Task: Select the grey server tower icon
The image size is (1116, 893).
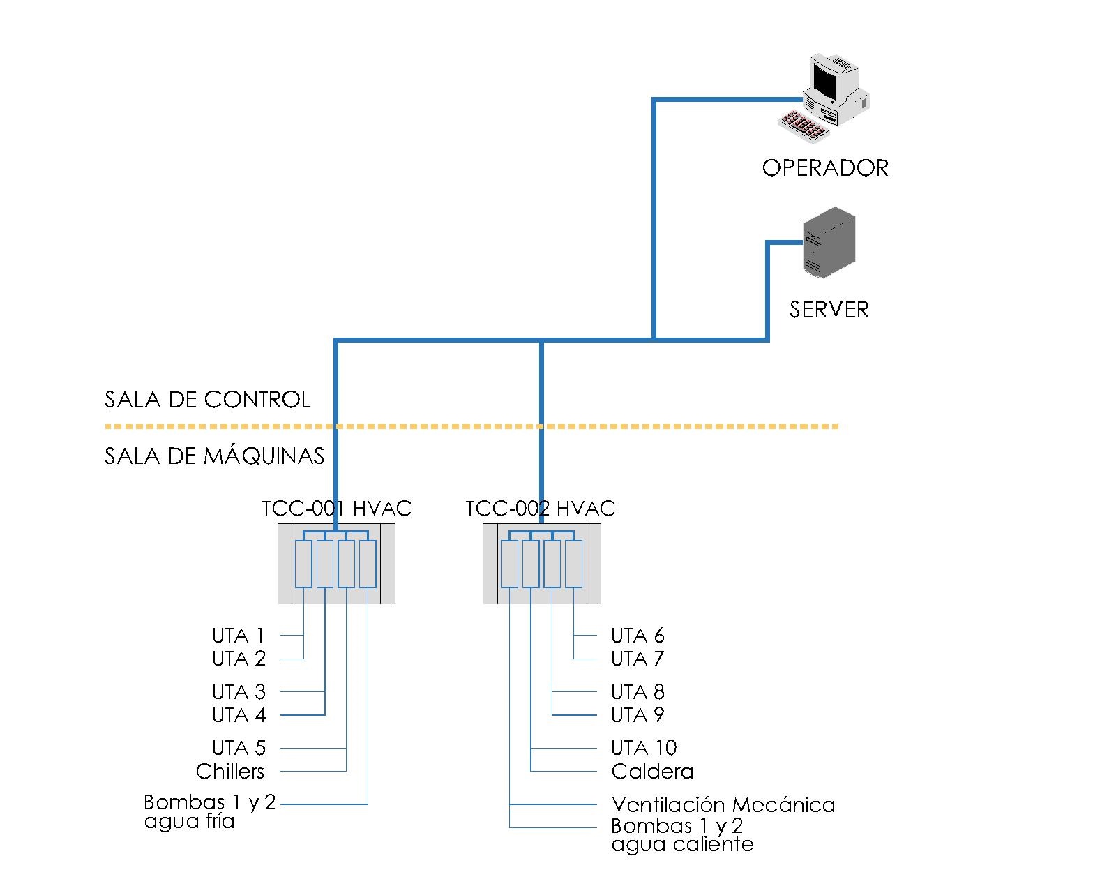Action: [829, 243]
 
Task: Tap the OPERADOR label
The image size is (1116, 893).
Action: [825, 168]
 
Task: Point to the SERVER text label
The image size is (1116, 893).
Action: [829, 309]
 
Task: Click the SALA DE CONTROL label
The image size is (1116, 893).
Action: [207, 400]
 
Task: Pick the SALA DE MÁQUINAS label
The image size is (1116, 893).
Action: [214, 456]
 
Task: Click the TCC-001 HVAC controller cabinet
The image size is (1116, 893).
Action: [336, 564]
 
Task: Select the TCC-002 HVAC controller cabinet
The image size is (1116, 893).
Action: [542, 564]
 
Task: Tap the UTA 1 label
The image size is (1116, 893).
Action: [239, 636]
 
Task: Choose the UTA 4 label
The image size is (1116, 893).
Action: [239, 715]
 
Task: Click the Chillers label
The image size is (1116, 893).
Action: [230, 771]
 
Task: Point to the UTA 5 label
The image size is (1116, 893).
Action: [239, 748]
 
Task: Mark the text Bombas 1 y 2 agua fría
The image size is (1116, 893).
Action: [209, 812]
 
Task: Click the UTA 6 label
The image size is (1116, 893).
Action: [638, 636]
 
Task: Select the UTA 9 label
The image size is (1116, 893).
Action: [638, 715]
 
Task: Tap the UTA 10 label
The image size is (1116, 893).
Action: [644, 748]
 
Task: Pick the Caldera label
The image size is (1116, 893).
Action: [652, 771]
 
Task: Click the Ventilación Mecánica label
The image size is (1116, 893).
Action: [723, 805]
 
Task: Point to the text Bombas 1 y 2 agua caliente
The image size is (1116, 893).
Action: [681, 836]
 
